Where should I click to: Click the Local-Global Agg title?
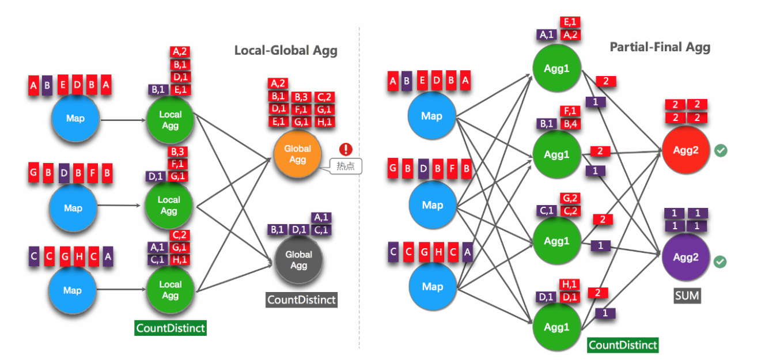286,51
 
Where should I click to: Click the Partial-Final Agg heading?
660,47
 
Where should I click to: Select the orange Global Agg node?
297,154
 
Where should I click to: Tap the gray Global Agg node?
298,260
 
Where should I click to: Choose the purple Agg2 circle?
686,257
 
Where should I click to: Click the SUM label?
687,296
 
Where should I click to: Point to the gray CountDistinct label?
301,300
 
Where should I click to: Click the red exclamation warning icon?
346,149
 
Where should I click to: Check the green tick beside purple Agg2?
720,262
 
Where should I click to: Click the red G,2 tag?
570,199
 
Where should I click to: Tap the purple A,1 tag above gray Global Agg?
321,218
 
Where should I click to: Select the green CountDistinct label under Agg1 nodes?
622,345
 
